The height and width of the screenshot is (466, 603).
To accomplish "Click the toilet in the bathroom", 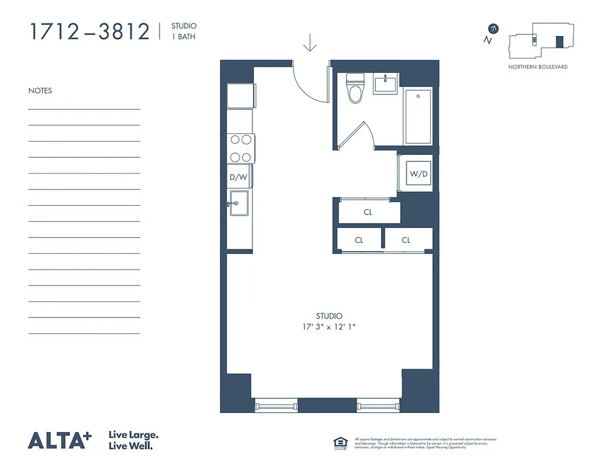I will point(355,88).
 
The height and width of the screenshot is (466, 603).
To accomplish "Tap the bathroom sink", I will point(385,84).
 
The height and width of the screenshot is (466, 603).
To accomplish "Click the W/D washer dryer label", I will point(418,174).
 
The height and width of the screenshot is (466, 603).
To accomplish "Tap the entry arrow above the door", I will point(310,42).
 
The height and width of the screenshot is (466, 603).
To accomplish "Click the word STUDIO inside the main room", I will point(329,316).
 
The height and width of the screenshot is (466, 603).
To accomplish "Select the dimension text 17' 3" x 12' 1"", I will point(329,327).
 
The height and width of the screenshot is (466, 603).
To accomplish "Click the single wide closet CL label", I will point(368,213).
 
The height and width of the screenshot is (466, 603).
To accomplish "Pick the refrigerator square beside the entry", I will point(240,96).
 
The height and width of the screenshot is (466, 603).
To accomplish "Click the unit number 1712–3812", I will point(90,32).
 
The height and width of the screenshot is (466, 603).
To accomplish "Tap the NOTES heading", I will point(40,91).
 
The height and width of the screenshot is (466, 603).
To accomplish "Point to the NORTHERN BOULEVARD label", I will point(538,67).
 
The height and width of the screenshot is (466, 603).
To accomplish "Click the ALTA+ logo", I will point(60,440).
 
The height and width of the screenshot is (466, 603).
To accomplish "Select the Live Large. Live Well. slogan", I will point(134,440).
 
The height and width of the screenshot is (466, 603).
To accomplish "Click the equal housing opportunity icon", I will point(340,443).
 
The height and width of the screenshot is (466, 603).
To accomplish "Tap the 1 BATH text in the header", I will point(182,36).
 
